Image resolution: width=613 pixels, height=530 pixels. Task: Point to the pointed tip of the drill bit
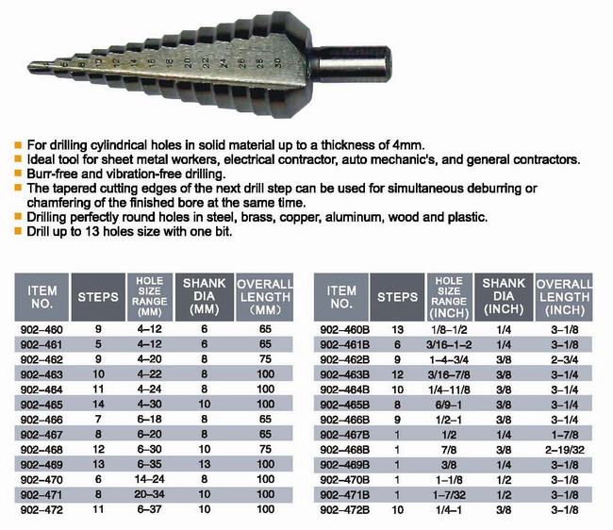(29, 68)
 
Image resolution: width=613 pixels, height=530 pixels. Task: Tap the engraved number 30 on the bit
(277, 62)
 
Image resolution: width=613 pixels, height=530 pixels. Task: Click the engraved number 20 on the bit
(188, 62)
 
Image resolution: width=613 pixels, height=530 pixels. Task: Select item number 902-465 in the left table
(41, 405)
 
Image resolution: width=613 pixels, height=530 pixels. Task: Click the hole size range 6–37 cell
(149, 509)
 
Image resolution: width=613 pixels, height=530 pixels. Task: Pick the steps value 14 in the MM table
(98, 405)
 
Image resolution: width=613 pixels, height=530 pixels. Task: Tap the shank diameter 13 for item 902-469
(205, 464)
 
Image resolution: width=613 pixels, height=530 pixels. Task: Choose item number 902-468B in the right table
(345, 450)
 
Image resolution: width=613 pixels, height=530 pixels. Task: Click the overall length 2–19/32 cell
(565, 450)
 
